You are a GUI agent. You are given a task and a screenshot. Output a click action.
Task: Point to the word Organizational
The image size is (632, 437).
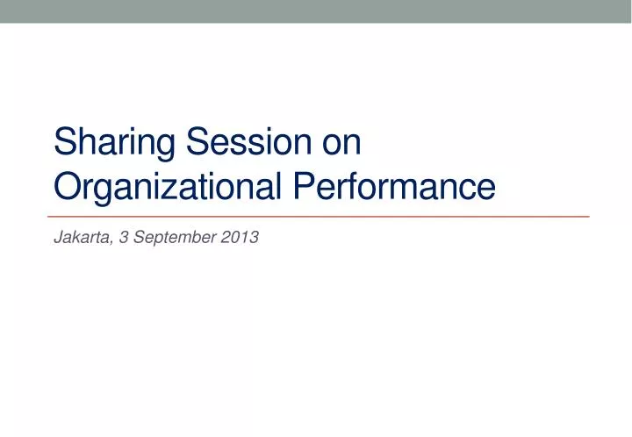click(x=168, y=187)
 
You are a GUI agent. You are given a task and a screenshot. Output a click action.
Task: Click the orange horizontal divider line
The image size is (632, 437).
click(x=316, y=215)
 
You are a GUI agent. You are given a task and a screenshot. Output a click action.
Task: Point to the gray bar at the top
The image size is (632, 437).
click(x=316, y=11)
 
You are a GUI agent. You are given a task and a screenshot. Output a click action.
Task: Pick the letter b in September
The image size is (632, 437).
click(x=186, y=236)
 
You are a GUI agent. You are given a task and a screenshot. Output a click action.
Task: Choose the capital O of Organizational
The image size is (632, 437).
click(x=67, y=187)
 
